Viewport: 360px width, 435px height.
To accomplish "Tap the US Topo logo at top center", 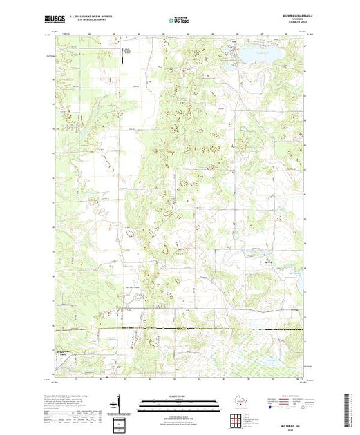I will pyautogui.click(x=180, y=22).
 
